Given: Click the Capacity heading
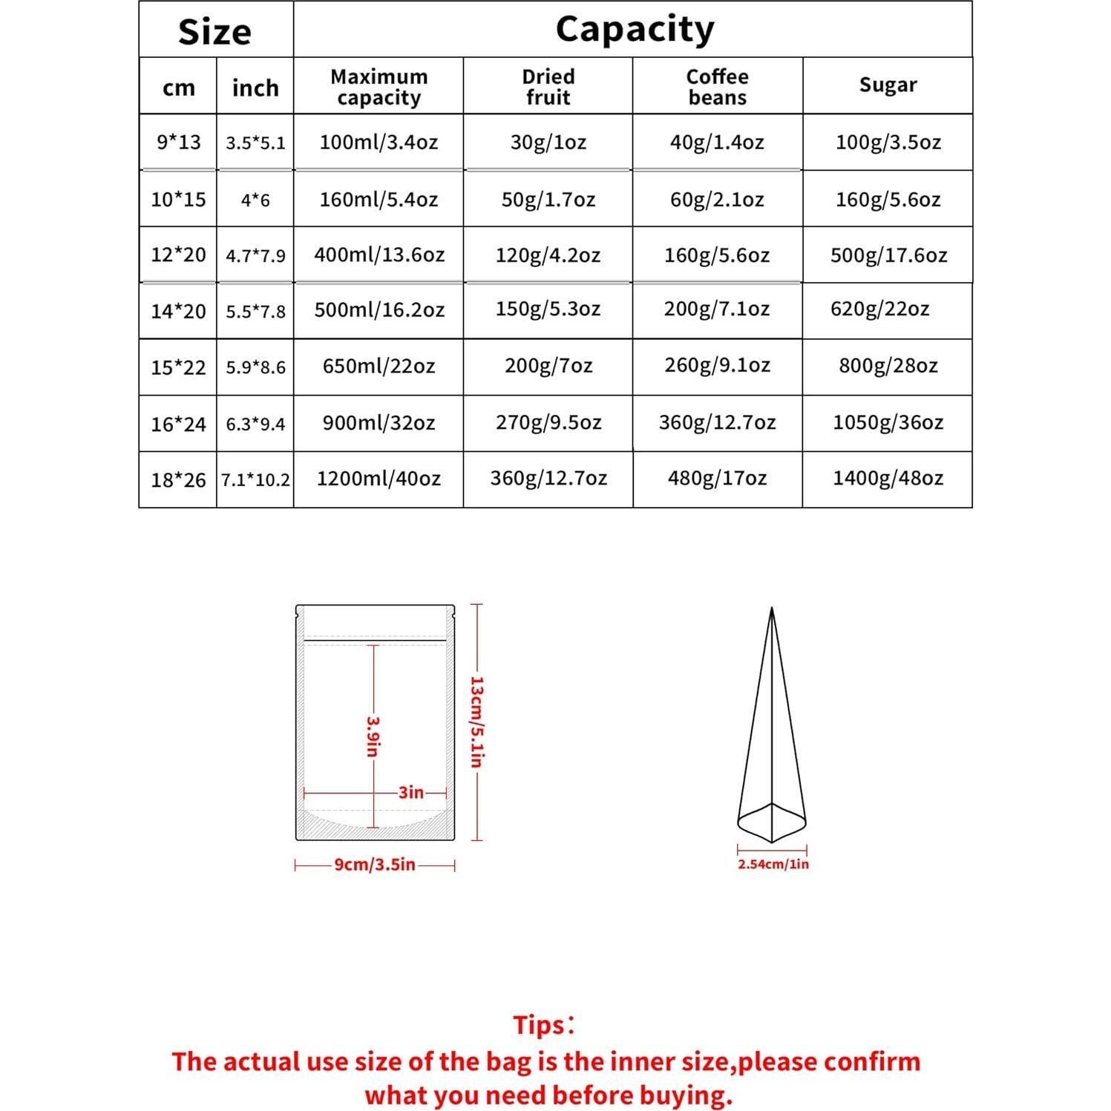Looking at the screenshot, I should coord(635,30).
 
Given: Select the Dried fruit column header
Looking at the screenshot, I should coord(548,87).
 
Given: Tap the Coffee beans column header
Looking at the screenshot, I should coord(717,87).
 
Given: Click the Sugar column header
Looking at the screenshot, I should coord(888,85).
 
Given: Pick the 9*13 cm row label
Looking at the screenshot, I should coord(178,142).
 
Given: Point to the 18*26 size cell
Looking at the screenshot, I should coord(178,480).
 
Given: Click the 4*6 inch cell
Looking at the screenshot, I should coord(255,200).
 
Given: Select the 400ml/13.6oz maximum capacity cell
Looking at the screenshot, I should coord(378,255).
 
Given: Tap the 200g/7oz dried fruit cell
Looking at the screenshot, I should coord(548,365).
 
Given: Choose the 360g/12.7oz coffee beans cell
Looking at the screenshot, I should coord(717,422).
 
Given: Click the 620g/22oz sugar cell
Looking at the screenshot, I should coord(879,309).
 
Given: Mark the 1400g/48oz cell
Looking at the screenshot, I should coord(888,478).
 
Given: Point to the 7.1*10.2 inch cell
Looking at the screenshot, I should coord(255,480).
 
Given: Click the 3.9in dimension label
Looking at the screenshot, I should coord(373,735).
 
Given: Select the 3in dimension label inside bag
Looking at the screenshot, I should coord(410,792).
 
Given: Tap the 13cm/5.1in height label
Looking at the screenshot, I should coord(477,721).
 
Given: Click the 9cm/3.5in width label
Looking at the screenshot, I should coord(375,865).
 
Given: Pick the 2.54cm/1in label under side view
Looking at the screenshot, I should coord(773,864).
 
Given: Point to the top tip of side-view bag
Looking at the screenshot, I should coord(772,609).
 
